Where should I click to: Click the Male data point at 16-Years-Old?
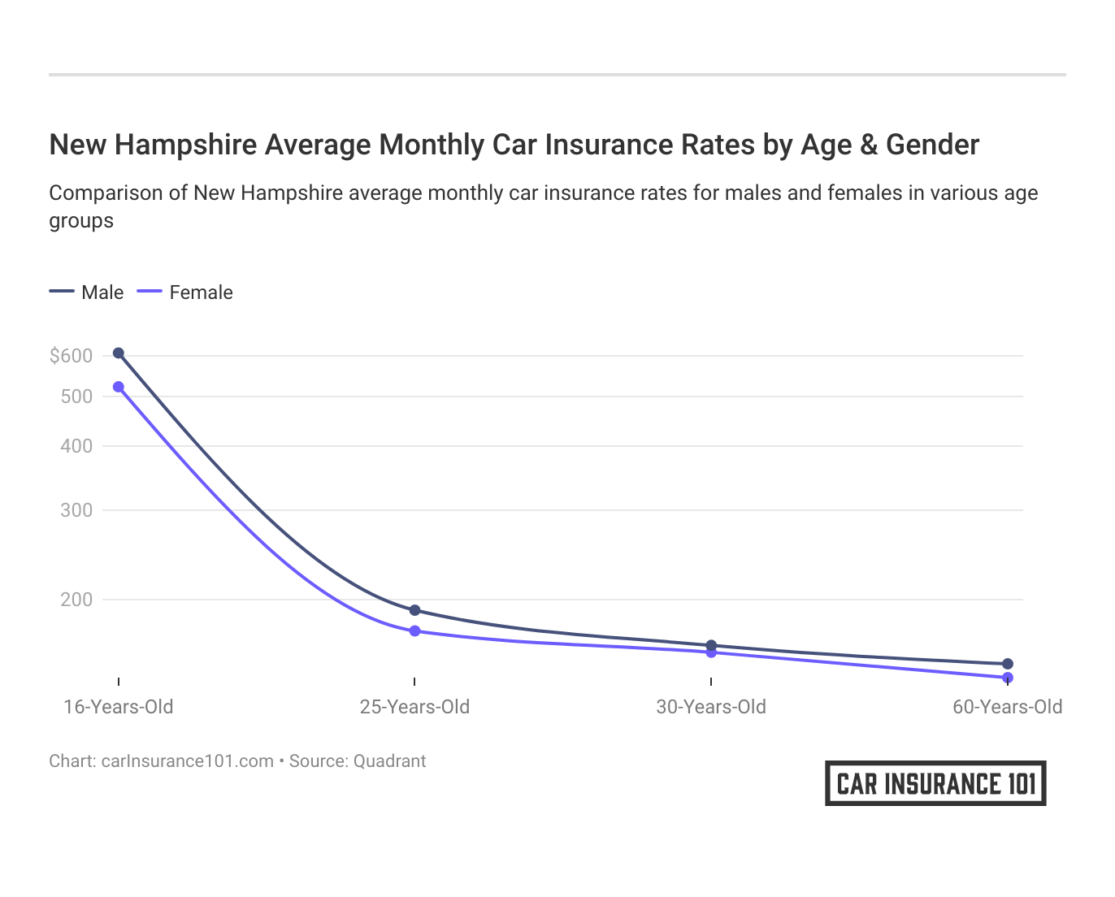coord(119,353)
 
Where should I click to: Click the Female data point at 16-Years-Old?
coord(119,387)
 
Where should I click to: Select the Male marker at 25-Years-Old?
coord(414,610)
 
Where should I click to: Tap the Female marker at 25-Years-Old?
coord(414,631)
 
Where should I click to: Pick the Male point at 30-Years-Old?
coord(711,645)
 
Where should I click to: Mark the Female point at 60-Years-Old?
coord(1008,678)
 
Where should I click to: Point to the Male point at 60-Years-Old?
coord(1008,664)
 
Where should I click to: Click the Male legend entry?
coord(87,292)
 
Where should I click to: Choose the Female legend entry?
coord(185,292)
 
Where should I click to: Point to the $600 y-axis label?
coord(71,356)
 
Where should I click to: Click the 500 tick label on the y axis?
coord(76,396)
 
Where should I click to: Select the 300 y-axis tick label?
coord(76,510)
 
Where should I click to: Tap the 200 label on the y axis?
coord(76,600)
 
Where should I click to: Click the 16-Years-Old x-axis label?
coord(119,707)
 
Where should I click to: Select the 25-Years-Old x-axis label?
coord(414,707)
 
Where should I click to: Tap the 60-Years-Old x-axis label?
coord(1007,707)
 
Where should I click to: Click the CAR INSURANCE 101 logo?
coord(935,783)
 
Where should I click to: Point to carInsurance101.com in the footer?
coord(187,761)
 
